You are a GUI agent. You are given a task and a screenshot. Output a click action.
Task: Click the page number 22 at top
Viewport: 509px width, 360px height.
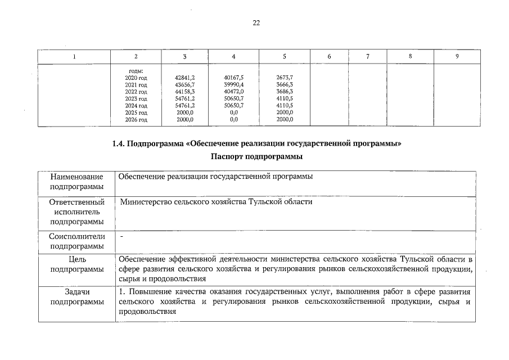pyautogui.click(x=256, y=23)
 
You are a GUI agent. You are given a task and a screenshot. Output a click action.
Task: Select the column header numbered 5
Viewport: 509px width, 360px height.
pyautogui.click(x=285, y=56)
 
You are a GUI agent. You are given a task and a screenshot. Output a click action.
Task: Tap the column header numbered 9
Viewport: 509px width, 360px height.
pyautogui.click(x=457, y=56)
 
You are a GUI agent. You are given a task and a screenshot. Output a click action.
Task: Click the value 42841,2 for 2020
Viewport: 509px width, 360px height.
pyautogui.click(x=185, y=78)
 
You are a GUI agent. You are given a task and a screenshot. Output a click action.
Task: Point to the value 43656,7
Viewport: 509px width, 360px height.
pyautogui.click(x=185, y=84)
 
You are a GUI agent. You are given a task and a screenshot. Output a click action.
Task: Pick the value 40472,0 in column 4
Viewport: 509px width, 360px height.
pyautogui.click(x=233, y=91)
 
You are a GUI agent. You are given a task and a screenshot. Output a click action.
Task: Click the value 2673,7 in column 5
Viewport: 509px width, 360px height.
pyautogui.click(x=285, y=78)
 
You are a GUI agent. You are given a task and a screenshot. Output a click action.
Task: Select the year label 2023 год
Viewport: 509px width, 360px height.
pyautogui.click(x=136, y=98)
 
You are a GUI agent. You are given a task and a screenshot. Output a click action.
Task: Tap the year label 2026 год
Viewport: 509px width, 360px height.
pyautogui.click(x=136, y=119)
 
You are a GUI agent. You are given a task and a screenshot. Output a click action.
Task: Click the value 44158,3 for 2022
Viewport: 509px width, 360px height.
pyautogui.click(x=185, y=91)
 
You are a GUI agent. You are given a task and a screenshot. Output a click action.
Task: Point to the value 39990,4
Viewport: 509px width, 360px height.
pyautogui.click(x=233, y=84)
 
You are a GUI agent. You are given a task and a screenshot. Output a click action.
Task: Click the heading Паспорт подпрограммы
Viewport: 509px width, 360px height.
pyautogui.click(x=256, y=156)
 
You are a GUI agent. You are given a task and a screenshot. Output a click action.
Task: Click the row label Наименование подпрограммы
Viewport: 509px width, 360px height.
pyautogui.click(x=76, y=182)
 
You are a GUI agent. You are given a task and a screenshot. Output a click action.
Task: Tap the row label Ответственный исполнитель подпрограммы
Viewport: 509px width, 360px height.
pyautogui.click(x=76, y=211)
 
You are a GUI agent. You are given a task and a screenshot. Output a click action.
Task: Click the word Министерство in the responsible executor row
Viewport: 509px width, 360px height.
pyautogui.click(x=148, y=201)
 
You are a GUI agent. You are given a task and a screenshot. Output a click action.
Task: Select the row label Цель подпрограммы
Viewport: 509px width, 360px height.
pyautogui.click(x=76, y=264)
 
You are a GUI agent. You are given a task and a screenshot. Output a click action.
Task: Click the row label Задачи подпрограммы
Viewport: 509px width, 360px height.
pyautogui.click(x=76, y=297)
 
